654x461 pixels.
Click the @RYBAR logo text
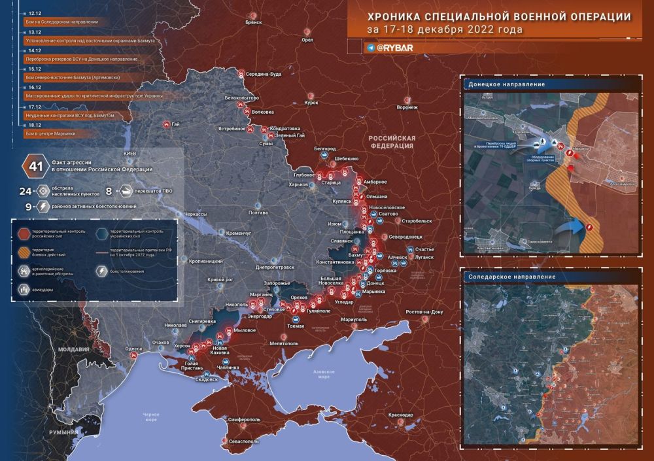point(397,48)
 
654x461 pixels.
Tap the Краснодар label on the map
point(400,415)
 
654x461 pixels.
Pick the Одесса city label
point(134,349)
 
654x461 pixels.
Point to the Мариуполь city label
point(354,320)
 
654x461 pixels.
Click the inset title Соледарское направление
point(508,277)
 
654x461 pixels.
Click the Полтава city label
point(258,213)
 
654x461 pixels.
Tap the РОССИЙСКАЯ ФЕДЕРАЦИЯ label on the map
point(392,143)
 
